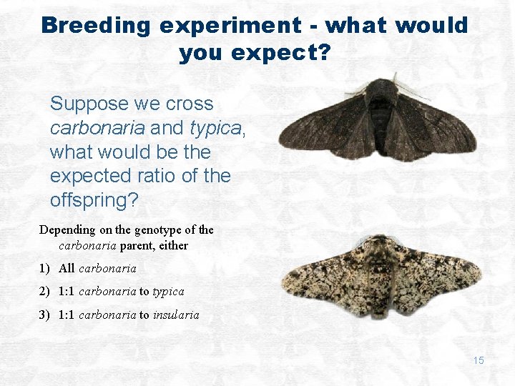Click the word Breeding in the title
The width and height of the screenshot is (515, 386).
pos(96,26)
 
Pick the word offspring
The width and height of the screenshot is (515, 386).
pos(91,201)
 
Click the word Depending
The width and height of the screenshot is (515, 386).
pos(68,230)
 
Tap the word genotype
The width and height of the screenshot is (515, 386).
pos(154,230)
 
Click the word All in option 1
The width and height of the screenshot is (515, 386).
pos(67,269)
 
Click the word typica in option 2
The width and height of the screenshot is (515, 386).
pos(168,292)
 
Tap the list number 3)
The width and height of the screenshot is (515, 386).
pos(45,315)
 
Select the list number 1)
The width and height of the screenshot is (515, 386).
pos(45,269)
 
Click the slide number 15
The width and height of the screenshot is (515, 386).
pos(478,361)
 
